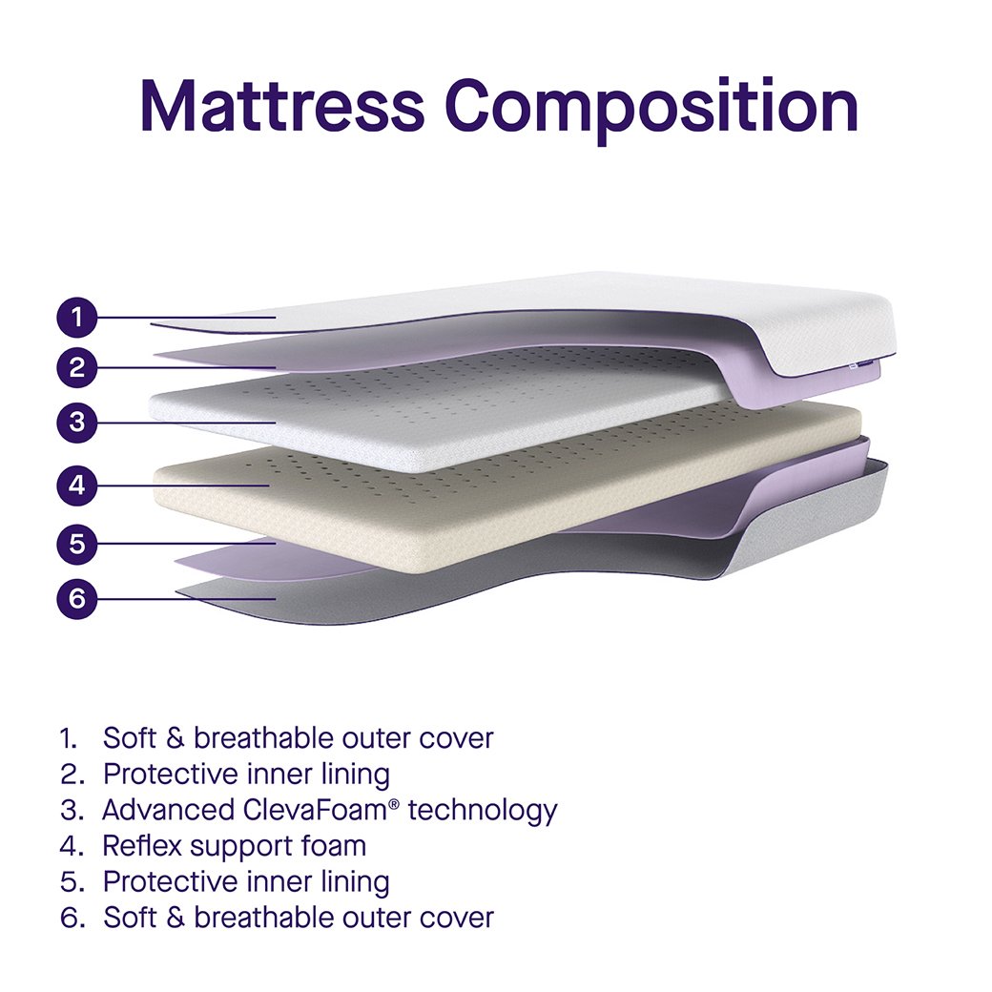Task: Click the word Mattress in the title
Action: coord(282,105)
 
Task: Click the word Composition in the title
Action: coord(651,112)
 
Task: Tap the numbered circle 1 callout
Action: coord(77,317)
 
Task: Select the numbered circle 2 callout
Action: coord(77,367)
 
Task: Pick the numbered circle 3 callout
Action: coord(77,422)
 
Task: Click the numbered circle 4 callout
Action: coord(77,486)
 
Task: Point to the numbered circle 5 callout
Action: coord(77,544)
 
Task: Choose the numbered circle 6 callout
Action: coord(77,598)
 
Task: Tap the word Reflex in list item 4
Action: coord(142,846)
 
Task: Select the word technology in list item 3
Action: coord(483,812)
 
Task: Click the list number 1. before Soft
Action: coord(69,738)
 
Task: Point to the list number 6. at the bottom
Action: coord(72,918)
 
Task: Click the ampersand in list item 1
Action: coord(176,738)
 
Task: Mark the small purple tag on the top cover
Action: coord(864,363)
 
